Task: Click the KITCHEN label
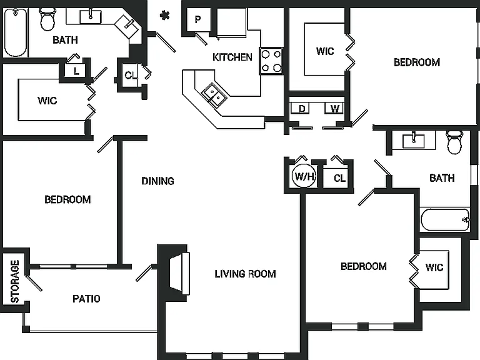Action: (x=232, y=57)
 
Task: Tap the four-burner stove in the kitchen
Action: (x=271, y=61)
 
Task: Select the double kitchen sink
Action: (x=214, y=94)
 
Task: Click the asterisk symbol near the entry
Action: (x=165, y=15)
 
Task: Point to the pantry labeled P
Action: (x=198, y=19)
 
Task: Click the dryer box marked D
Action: (x=301, y=108)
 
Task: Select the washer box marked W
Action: (x=334, y=108)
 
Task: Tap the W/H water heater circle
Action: (x=304, y=176)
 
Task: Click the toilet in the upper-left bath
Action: (x=47, y=19)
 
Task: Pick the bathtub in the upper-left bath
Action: (x=16, y=32)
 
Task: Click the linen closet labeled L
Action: (x=76, y=71)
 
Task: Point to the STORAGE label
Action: (x=15, y=281)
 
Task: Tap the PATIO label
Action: (x=86, y=299)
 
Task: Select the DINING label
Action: (x=157, y=181)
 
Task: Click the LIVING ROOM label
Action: (x=245, y=274)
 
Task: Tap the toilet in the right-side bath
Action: (x=454, y=142)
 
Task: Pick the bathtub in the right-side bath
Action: (x=446, y=219)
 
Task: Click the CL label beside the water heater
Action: (x=339, y=178)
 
